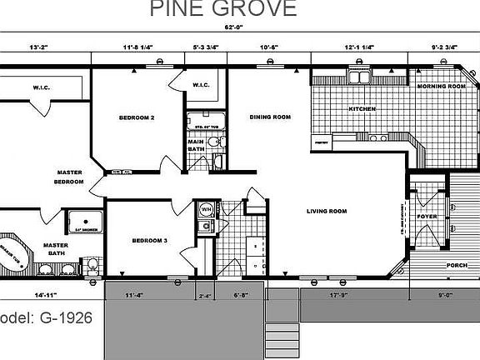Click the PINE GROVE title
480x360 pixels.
coord(222,9)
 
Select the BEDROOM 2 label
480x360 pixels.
coord(137,117)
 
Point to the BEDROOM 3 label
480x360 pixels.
coord(150,241)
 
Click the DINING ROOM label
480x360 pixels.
coord(270,117)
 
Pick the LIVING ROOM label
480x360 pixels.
coord(326,211)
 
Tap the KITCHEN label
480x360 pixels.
coord(362,109)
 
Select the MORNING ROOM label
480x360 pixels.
coord(441,87)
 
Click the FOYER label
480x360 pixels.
coord(427,217)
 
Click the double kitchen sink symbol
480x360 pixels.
coord(361,79)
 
